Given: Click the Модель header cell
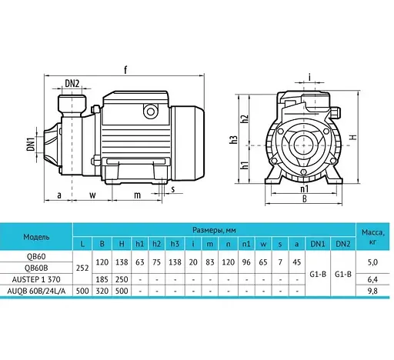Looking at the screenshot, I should tap(36, 236).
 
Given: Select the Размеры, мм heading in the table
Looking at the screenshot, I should tap(213, 229).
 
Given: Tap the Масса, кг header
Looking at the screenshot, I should tap(372, 236).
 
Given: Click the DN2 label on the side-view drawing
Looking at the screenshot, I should tap(72, 83).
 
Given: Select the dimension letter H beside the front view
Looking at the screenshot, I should tap(353, 138).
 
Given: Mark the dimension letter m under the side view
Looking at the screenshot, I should tap(138, 195).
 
